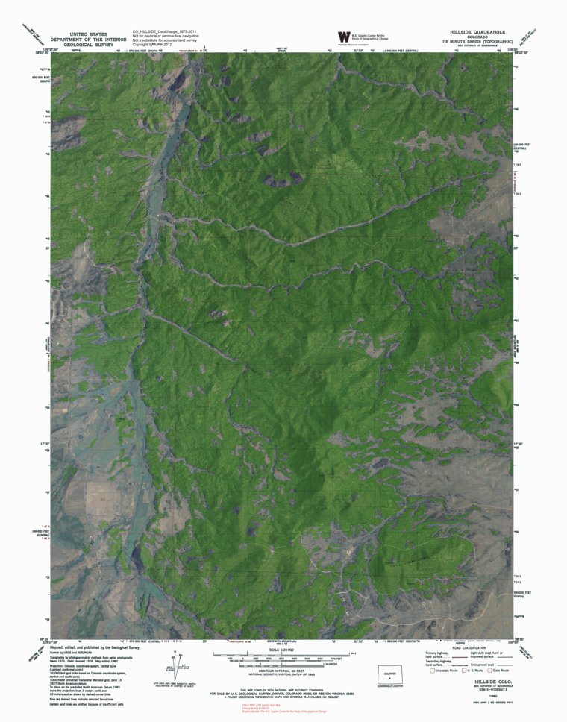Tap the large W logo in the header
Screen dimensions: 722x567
[343, 36]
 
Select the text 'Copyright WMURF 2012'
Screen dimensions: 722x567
[152, 45]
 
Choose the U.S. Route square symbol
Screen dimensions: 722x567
[461, 670]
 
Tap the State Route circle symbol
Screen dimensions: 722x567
[492, 670]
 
